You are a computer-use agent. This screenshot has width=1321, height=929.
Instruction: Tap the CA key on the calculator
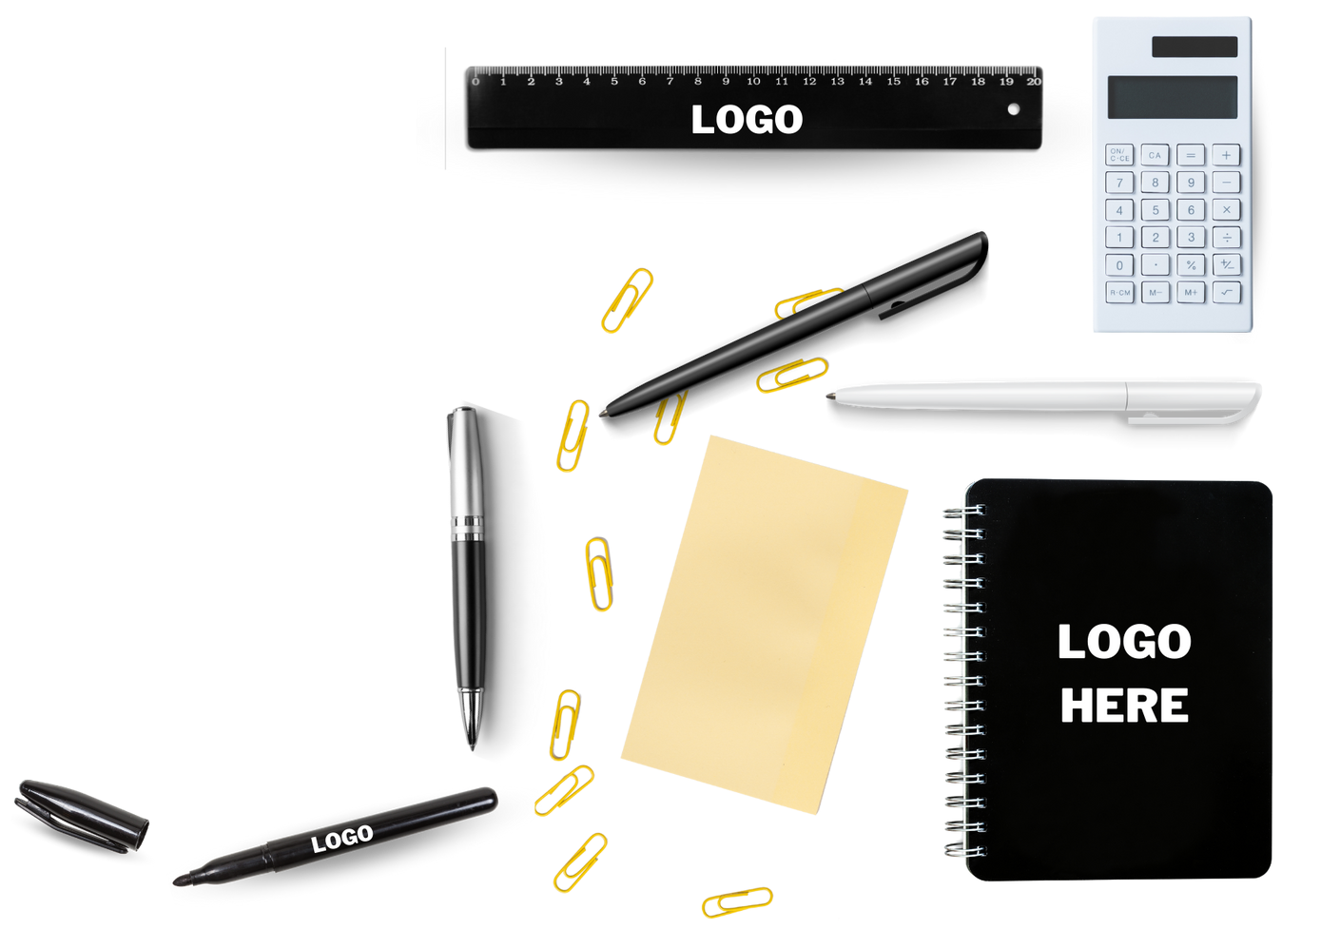click(1155, 155)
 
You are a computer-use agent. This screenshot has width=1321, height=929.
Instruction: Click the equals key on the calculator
click(1191, 155)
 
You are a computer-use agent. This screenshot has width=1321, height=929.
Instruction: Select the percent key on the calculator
click(1191, 265)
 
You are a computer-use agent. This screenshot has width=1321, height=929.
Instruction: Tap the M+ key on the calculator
click(1191, 293)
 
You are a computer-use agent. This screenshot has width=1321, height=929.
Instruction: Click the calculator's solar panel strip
click(1195, 47)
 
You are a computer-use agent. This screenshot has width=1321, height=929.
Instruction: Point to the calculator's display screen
click(1173, 97)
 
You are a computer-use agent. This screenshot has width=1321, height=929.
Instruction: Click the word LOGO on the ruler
click(747, 120)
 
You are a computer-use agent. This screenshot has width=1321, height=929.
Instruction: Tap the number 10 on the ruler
click(753, 82)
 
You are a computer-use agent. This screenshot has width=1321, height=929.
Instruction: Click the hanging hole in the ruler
click(1014, 108)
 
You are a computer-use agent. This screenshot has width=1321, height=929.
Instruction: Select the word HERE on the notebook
click(1124, 706)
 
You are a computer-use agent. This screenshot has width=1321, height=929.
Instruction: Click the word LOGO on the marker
click(342, 838)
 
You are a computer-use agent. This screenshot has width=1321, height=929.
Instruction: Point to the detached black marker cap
click(82, 814)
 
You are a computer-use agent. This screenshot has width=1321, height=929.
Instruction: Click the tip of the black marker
click(178, 881)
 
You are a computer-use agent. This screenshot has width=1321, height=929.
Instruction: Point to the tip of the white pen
click(829, 395)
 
